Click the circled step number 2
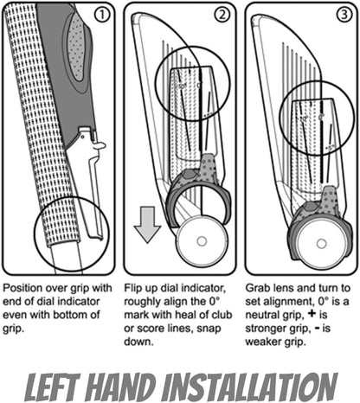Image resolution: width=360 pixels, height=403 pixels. click(222, 16)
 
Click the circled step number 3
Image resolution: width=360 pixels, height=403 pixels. click(340, 16)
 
